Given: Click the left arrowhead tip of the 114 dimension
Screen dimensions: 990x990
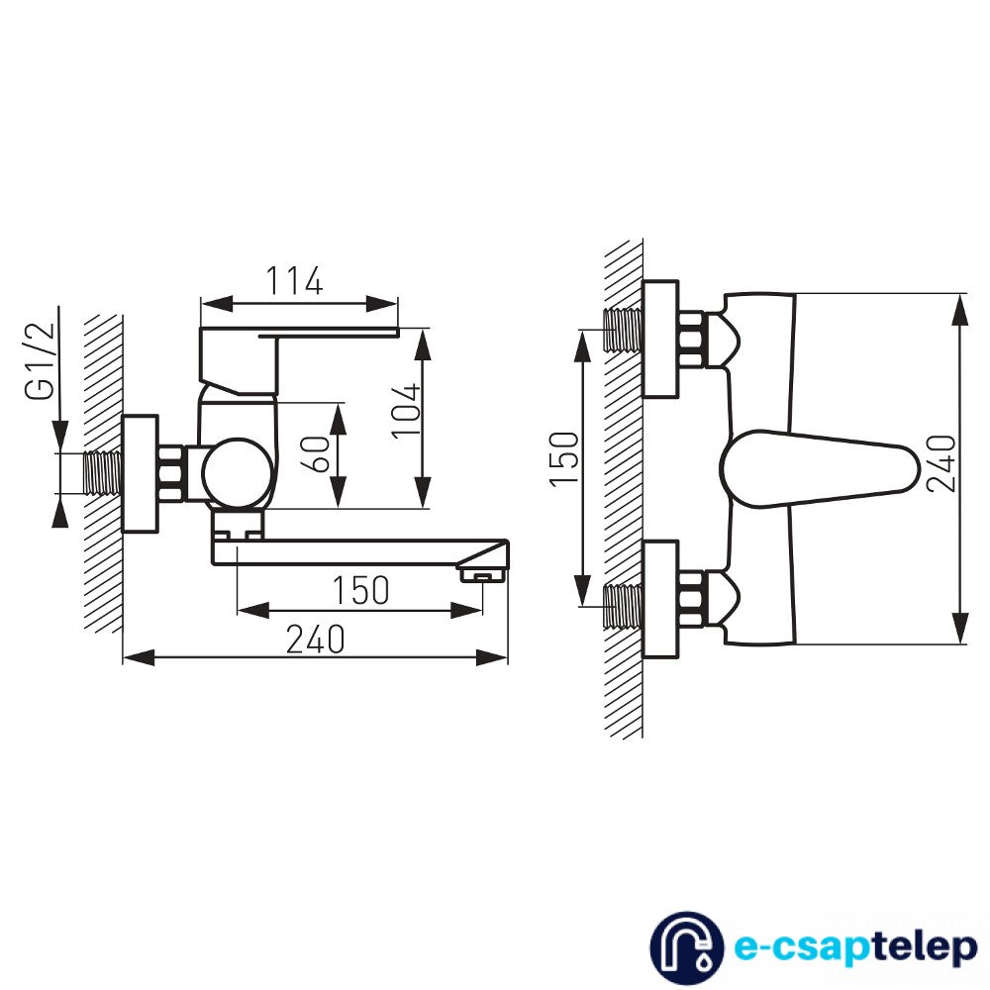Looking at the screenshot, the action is click(201, 303).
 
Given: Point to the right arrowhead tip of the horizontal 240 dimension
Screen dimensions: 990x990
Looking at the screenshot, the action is click(508, 656).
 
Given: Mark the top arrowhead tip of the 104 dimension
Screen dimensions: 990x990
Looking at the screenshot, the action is click(423, 329).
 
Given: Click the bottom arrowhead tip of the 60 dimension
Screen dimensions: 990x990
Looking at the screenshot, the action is click(339, 508).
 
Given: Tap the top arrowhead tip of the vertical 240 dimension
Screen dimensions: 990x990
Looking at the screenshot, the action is click(960, 293).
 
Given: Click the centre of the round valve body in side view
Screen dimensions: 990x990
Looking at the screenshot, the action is click(239, 472).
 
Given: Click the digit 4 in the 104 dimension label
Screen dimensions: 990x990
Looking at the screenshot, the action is click(405, 393).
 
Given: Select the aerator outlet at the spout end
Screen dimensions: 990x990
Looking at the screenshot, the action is click(483, 574).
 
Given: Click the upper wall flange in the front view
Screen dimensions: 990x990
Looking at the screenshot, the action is click(660, 339).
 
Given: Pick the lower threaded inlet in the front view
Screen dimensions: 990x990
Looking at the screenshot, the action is click(623, 606).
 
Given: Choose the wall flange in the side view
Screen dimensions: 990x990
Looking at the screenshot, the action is click(140, 473).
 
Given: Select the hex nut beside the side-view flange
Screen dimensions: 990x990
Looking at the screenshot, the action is click(171, 473).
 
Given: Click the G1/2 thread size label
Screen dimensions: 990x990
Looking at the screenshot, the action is click(41, 361).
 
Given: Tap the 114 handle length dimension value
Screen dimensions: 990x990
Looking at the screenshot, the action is click(294, 281).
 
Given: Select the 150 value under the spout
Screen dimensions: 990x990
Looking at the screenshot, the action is click(360, 590).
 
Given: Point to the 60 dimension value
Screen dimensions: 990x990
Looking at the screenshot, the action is click(320, 453).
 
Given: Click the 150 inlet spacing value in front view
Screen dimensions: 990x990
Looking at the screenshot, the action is click(564, 458).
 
